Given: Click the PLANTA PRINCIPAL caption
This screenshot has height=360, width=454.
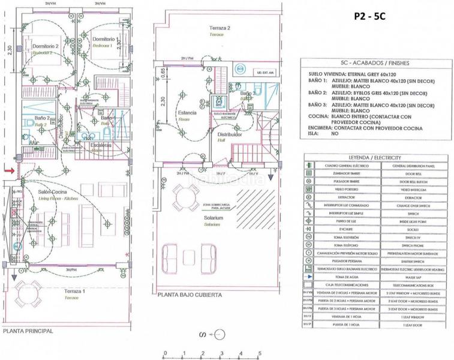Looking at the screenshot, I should point(28,331).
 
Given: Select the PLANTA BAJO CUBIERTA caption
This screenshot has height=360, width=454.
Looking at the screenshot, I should point(190,295).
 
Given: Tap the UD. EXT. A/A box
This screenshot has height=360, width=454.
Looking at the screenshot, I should point(264,71).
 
